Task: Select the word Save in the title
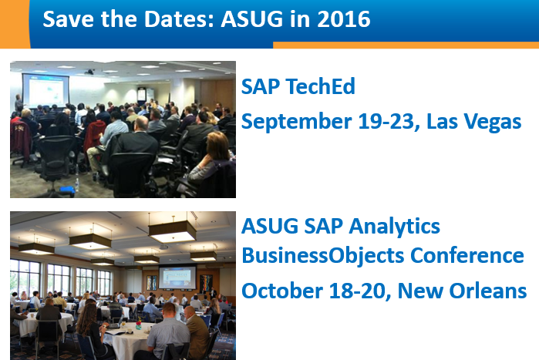66,19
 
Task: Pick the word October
276,291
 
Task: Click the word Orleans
485,291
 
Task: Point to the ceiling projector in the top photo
90,72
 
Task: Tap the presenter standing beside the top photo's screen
18,104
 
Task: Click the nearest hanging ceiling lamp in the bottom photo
172,230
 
